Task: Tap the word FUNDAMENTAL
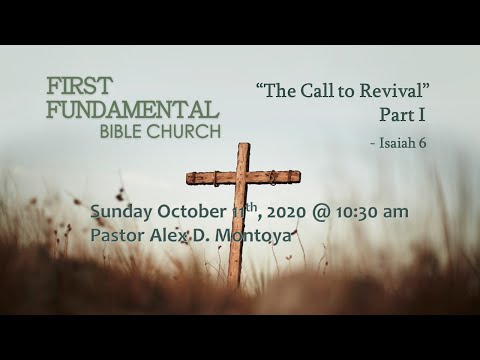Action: click(133, 109)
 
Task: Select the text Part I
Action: click(403, 115)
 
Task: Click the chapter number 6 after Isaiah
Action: click(422, 143)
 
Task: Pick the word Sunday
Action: click(121, 212)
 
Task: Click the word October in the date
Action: click(192, 212)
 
